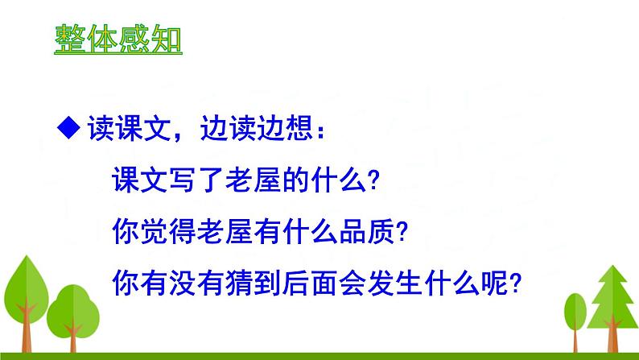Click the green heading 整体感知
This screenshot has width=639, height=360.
click(118, 39)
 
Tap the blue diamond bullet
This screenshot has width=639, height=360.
click(68, 127)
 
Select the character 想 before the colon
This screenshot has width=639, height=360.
click(299, 128)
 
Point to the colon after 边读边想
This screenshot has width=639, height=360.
click(321, 131)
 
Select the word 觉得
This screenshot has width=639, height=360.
click(154, 231)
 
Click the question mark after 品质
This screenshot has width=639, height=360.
click(402, 232)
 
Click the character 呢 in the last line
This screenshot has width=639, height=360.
click(494, 283)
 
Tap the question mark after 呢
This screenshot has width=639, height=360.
click(516, 283)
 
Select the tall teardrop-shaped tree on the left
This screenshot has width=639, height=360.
click(27, 303)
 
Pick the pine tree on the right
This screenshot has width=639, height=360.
click(612, 308)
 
